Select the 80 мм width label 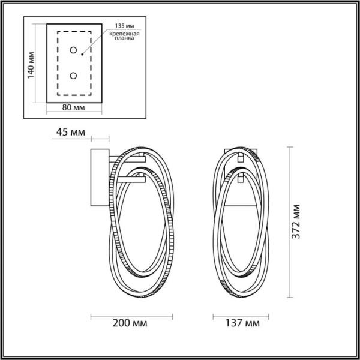click(73, 107)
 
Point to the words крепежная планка click(124, 38)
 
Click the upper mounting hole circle click(74, 50)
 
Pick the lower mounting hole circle click(74, 76)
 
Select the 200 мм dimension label click(131, 324)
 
